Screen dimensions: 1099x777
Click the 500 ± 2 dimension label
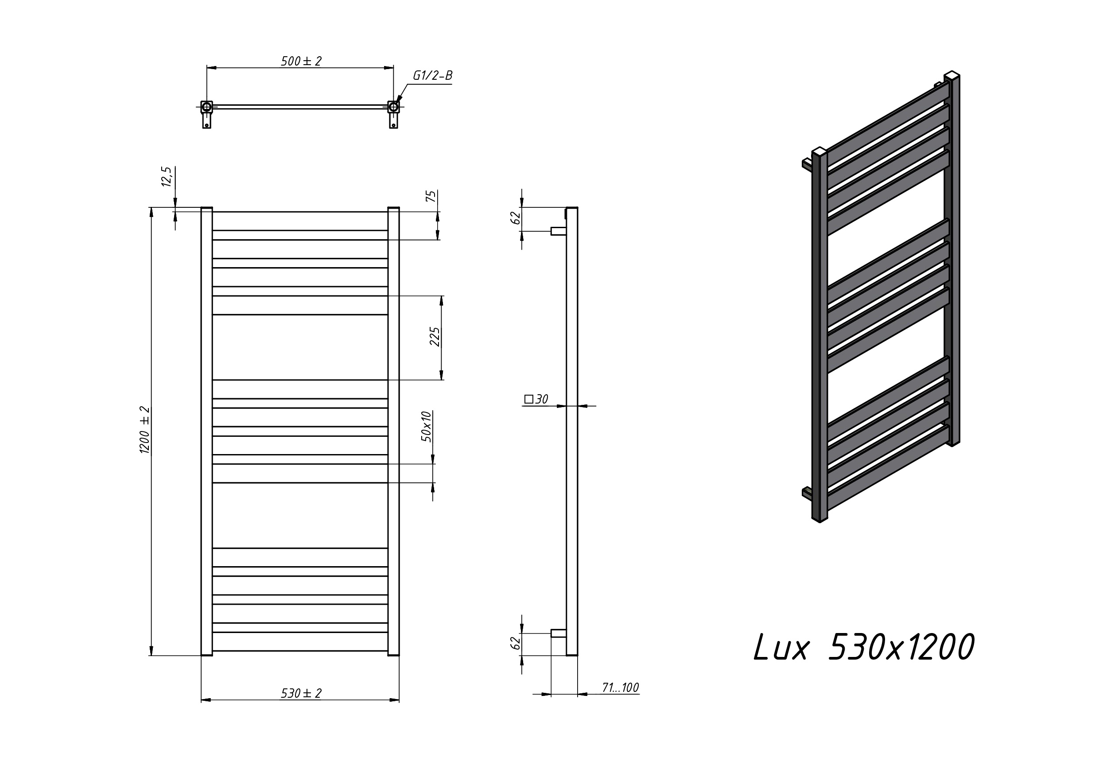[301, 61]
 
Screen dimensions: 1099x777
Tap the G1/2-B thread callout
[433, 76]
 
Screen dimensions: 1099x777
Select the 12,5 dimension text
[166, 177]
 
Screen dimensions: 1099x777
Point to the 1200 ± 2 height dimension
[144, 430]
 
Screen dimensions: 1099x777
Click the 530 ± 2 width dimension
[301, 693]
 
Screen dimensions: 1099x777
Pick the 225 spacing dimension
[435, 337]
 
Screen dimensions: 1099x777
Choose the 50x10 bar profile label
[427, 426]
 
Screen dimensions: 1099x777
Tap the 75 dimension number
[431, 196]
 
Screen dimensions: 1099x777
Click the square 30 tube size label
[536, 399]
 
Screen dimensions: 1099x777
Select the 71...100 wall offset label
[620, 688]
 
